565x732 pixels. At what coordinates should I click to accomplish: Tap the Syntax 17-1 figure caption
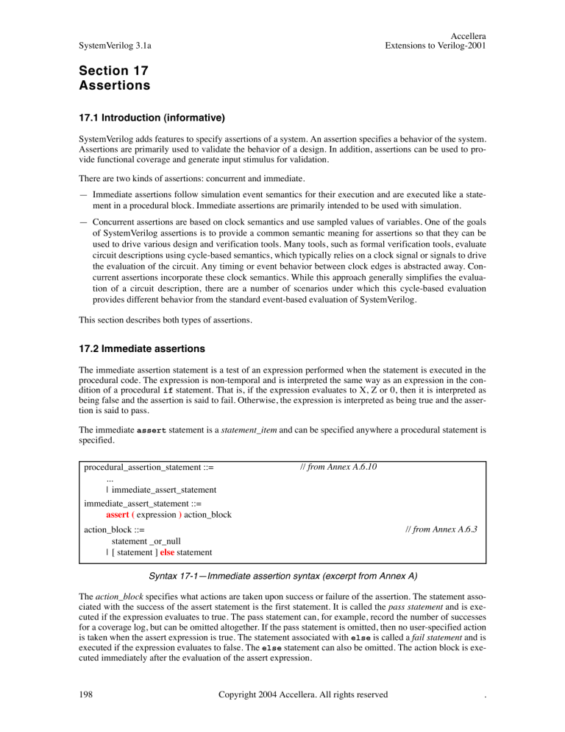coord(282,578)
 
